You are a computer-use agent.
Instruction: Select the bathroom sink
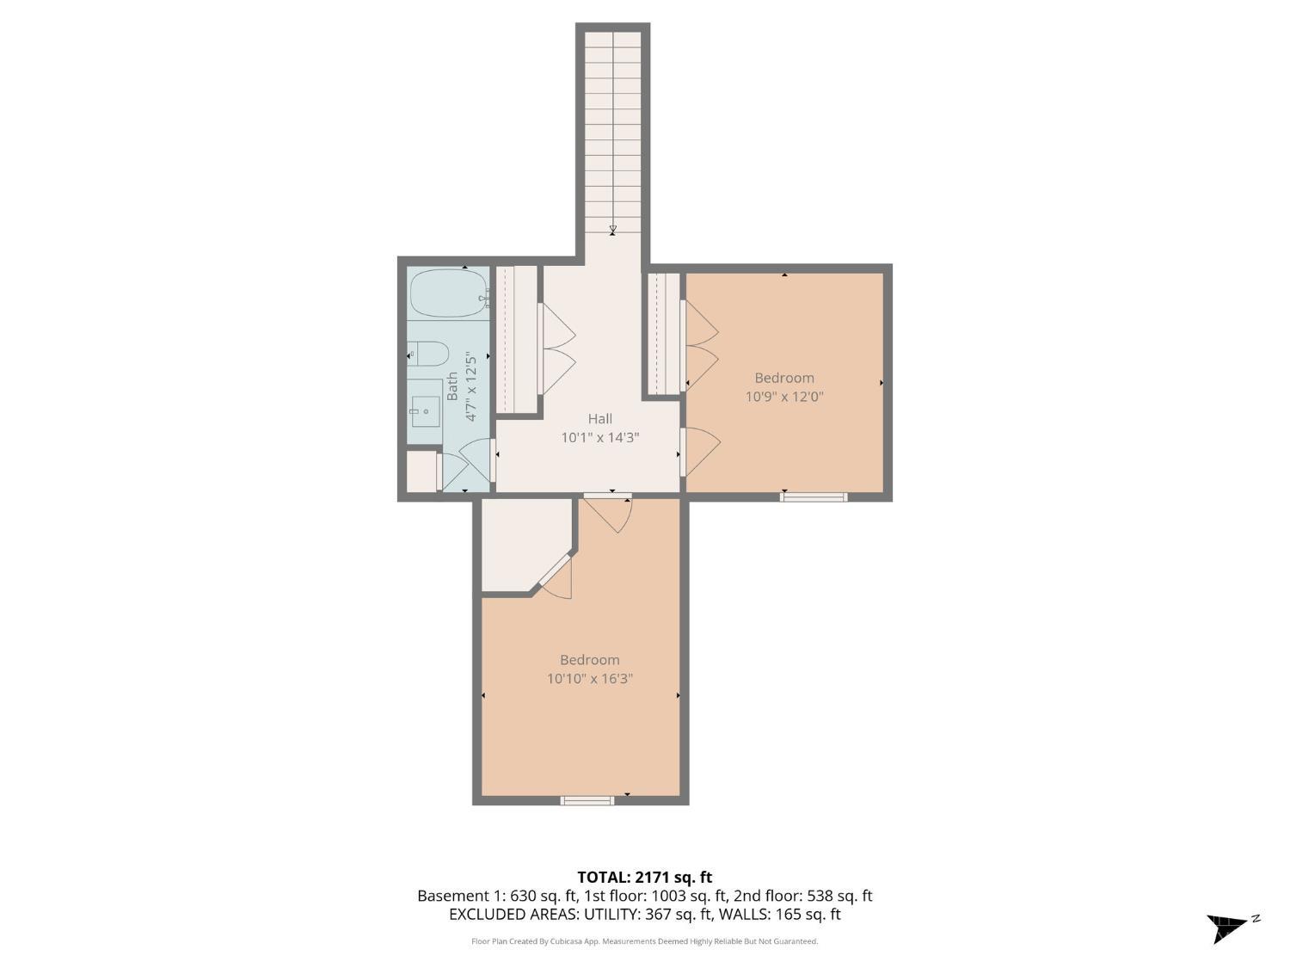[x=426, y=410]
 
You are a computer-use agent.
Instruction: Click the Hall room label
[x=599, y=418]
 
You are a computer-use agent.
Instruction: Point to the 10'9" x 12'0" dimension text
[x=784, y=397]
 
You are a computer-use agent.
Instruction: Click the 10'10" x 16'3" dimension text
[x=589, y=679]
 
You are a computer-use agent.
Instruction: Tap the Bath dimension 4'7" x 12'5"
[x=470, y=386]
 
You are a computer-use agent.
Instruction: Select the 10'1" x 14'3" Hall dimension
[x=599, y=437]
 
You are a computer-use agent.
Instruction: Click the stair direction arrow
[x=613, y=231]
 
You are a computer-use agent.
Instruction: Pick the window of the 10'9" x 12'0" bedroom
[x=814, y=497]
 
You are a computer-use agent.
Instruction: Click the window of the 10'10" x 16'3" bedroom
[x=587, y=800]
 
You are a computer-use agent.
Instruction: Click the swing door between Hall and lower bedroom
[x=608, y=514]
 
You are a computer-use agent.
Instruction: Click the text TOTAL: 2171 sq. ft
[x=644, y=878]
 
